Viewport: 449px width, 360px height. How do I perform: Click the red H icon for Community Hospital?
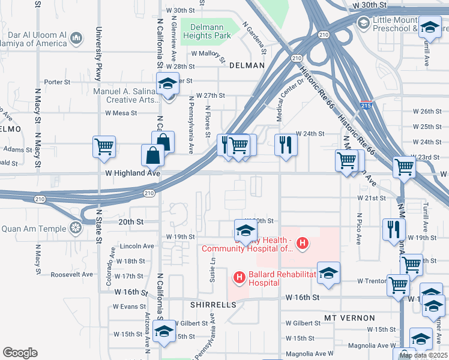click(303, 244)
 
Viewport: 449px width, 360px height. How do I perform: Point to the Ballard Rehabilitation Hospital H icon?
click(239, 277)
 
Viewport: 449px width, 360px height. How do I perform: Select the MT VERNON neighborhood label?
click(349, 317)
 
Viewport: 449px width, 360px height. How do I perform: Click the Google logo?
click(20, 353)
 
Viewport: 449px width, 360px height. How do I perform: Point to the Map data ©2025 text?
click(423, 355)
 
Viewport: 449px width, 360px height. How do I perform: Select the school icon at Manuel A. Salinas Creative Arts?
click(168, 83)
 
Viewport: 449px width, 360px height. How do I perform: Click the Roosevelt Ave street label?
click(72, 274)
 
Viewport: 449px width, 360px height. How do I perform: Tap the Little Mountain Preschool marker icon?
click(363, 23)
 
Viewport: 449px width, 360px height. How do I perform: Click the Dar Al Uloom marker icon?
click(76, 39)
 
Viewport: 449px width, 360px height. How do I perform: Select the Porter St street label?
click(58, 82)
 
